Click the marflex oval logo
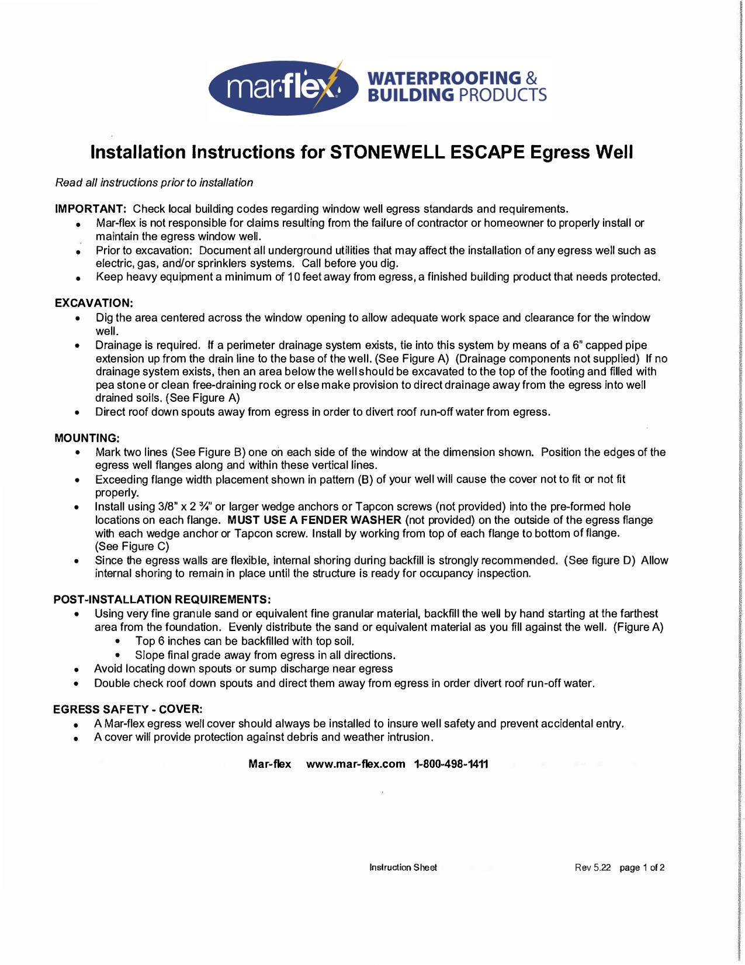283,88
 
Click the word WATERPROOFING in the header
444,78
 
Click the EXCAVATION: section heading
94,303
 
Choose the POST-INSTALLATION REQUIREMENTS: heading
162,599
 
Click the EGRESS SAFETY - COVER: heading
128,709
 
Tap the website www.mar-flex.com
355,764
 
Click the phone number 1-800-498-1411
451,764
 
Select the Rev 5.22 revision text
592,867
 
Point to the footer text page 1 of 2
642,867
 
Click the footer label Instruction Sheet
403,867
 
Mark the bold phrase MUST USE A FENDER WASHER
314,520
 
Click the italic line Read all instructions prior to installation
154,182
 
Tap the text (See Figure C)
132,546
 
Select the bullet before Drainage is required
77,346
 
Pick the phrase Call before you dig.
350,263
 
